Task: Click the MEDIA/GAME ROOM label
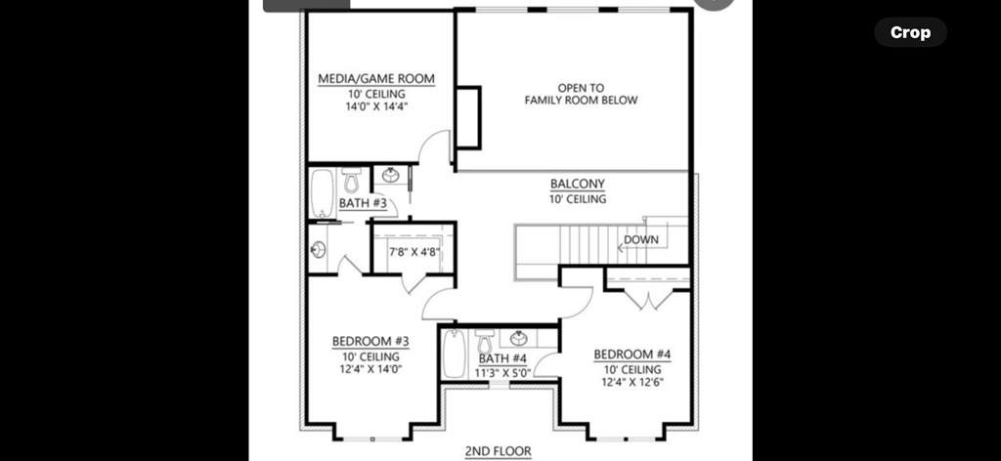click(x=376, y=78)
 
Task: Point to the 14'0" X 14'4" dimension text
click(x=376, y=106)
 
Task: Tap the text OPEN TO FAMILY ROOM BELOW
click(x=581, y=94)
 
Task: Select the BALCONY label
click(x=578, y=185)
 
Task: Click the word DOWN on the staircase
click(x=641, y=239)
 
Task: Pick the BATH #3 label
click(x=363, y=203)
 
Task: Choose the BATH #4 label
click(x=502, y=359)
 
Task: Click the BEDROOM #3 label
click(x=370, y=341)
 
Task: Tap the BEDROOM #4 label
click(x=632, y=355)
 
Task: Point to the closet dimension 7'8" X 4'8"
click(x=413, y=251)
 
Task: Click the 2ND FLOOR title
click(x=498, y=451)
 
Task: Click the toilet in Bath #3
click(x=351, y=181)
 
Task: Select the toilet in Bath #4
click(x=485, y=341)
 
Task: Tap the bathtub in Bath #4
click(x=455, y=354)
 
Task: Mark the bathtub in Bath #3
click(x=323, y=193)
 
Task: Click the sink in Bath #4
click(x=519, y=338)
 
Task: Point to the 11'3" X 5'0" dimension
click(x=503, y=373)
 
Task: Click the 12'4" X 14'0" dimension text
click(x=370, y=369)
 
